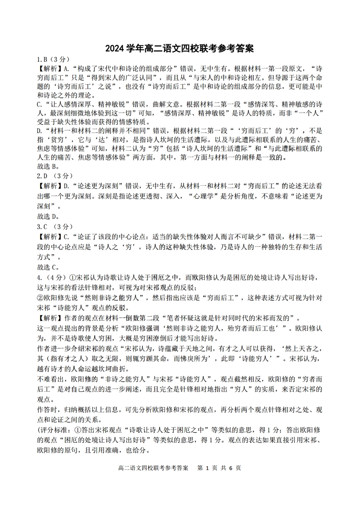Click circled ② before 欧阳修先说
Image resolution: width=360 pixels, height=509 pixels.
pos(41,298)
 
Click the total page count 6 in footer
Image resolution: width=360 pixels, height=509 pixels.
pos(230,468)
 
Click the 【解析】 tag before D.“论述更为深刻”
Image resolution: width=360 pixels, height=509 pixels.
pos(49,186)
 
